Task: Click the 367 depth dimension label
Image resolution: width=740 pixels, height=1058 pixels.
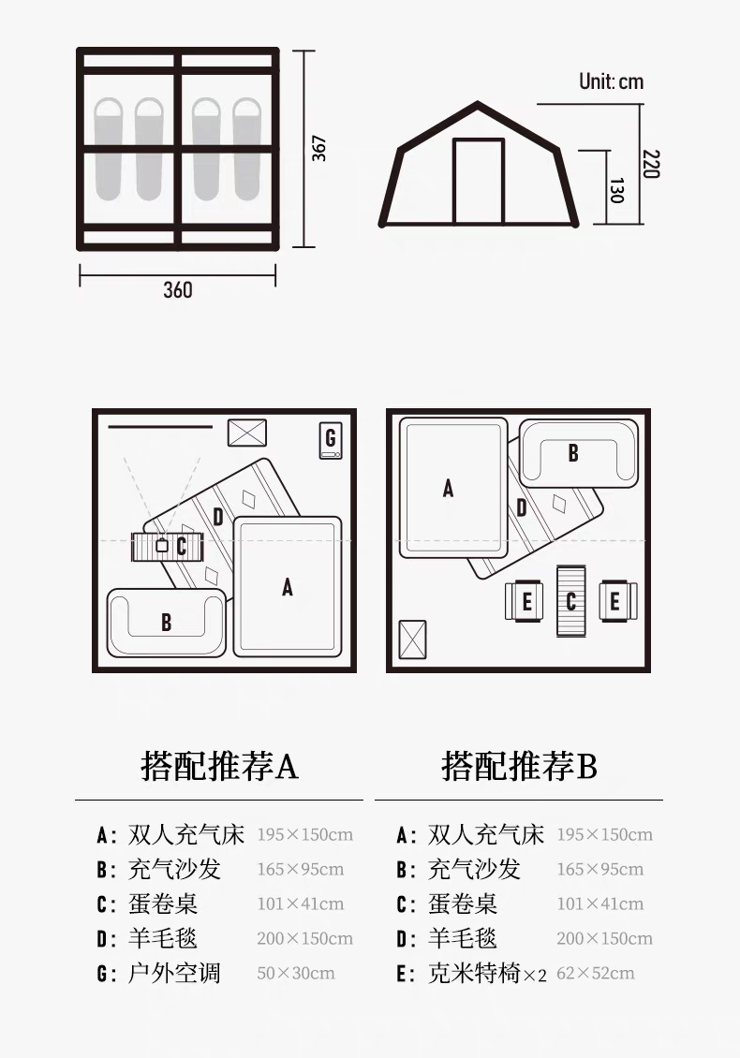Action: click(319, 149)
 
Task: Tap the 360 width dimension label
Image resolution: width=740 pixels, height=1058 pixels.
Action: click(178, 289)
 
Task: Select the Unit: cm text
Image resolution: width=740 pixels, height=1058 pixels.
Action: click(611, 81)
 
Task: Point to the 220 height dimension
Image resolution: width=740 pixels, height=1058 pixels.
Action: click(651, 163)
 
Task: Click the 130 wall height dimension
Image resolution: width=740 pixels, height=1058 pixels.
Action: click(616, 190)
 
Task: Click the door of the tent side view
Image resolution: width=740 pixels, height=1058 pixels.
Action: click(479, 182)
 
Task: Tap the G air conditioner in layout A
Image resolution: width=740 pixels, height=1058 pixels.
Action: click(330, 439)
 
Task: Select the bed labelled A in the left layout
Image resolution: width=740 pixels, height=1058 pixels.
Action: click(288, 586)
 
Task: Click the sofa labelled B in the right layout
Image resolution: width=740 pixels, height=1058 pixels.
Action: click(573, 452)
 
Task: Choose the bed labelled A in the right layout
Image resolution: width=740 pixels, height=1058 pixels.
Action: click(449, 488)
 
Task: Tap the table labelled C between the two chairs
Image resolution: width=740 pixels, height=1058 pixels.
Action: click(571, 601)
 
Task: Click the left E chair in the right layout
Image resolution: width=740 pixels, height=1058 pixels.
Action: click(525, 601)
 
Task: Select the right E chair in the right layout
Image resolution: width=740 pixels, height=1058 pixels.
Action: click(616, 601)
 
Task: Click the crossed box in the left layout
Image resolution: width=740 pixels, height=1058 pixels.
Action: click(247, 432)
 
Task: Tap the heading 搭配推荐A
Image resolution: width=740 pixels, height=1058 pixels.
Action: click(219, 767)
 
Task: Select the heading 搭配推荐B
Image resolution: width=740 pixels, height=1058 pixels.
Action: click(519, 767)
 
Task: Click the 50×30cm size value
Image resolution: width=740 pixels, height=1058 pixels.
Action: click(296, 973)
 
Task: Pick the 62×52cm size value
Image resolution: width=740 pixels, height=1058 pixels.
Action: click(596, 973)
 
